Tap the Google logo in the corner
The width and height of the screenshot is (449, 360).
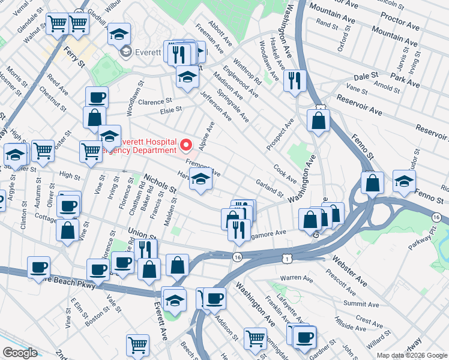pos(20,353)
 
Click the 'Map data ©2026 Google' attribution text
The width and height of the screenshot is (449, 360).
pos(411,355)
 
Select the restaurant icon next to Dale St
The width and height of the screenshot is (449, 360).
pos(294,81)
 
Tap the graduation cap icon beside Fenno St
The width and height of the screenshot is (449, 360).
pos(405,181)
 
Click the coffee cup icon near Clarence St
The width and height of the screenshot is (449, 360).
pos(96,98)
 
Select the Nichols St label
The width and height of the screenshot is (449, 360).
pos(160,184)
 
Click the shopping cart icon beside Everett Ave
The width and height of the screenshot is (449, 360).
pos(137,345)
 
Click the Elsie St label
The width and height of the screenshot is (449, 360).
pos(170,110)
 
